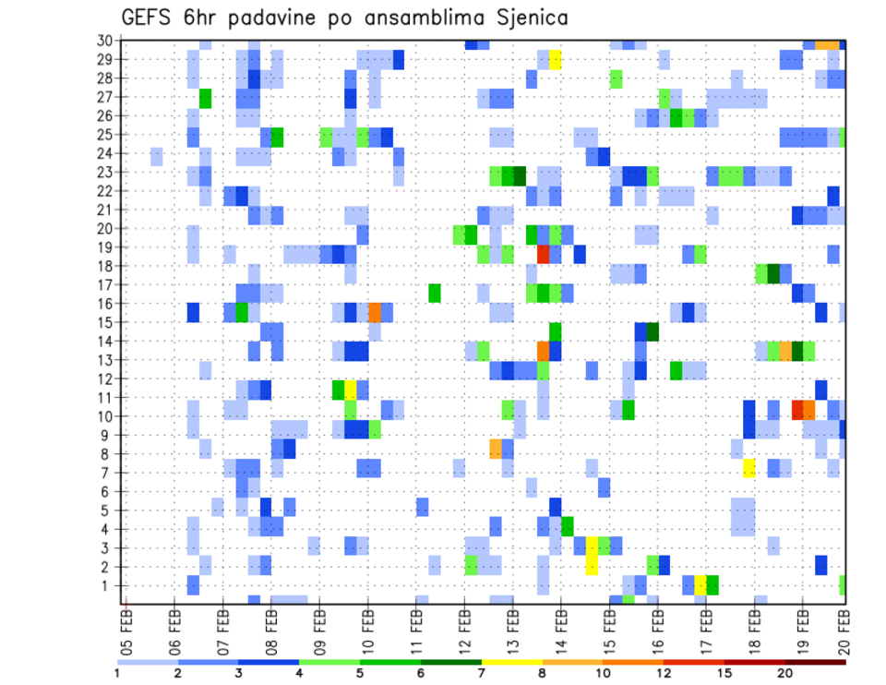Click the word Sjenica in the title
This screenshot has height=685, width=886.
[x=529, y=18]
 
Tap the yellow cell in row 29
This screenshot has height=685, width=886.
[x=556, y=59]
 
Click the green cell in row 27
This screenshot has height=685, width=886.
[x=206, y=98]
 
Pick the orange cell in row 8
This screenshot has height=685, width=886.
[x=496, y=448]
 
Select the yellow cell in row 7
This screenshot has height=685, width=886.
[x=748, y=468]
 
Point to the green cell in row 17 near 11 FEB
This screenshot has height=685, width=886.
[x=435, y=293]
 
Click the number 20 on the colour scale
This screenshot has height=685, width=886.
[x=785, y=672]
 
